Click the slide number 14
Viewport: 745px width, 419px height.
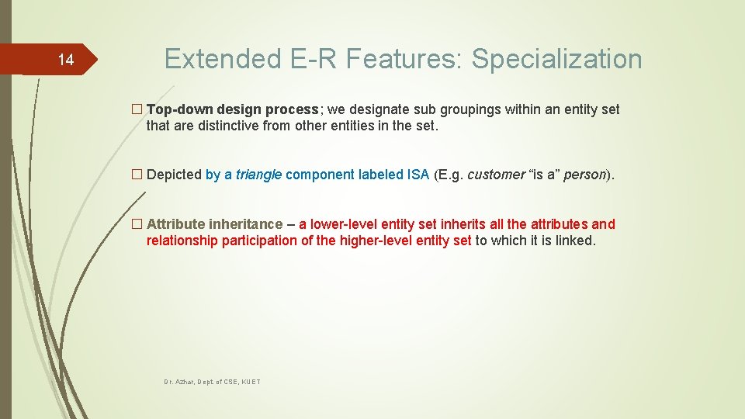(x=66, y=60)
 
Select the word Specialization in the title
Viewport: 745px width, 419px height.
(x=556, y=60)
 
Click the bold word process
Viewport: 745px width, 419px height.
(x=292, y=109)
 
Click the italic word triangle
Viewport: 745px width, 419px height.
(x=258, y=175)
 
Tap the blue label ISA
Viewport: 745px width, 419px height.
(x=418, y=175)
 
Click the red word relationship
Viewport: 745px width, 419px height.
(x=182, y=241)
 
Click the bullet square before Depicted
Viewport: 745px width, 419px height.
(x=137, y=175)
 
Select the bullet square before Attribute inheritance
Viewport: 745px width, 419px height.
(x=137, y=224)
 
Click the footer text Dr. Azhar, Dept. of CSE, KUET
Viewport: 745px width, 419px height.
(x=212, y=383)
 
